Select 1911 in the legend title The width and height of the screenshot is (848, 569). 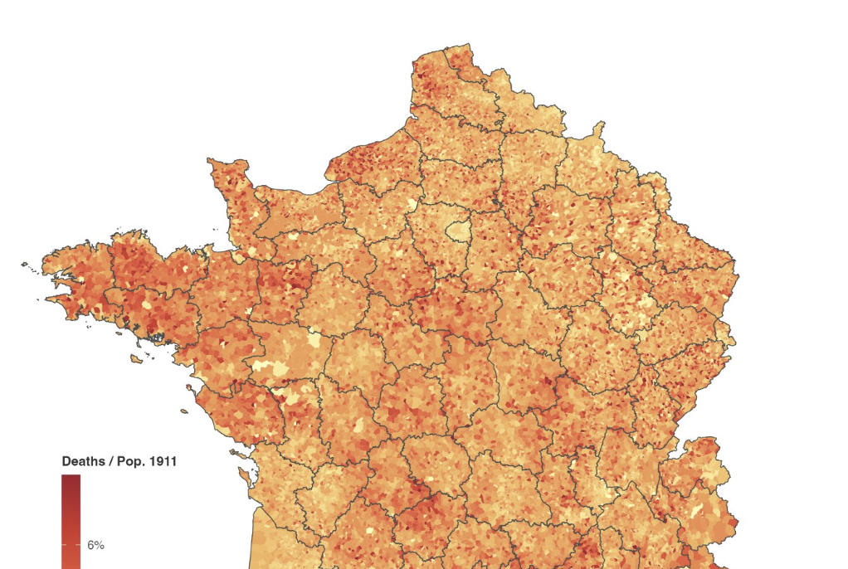tap(163, 461)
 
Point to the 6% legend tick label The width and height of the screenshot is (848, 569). tap(95, 545)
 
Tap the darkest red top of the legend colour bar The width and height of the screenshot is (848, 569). tap(71, 479)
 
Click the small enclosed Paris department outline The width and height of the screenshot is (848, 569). tap(457, 231)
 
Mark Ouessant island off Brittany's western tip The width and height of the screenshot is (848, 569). tap(26, 265)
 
